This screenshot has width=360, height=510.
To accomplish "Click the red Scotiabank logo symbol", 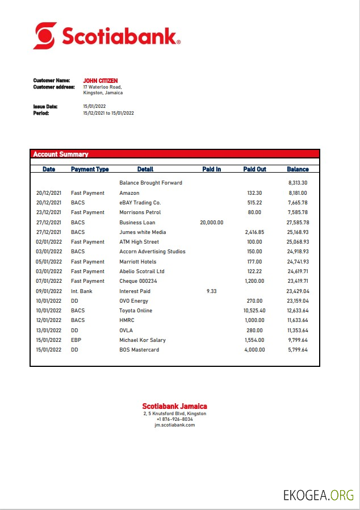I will [45, 36].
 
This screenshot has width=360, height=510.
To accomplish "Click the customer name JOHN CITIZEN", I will [101, 81].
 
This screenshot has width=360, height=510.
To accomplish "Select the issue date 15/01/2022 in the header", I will [94, 106].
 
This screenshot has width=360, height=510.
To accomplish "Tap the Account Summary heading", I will [61, 154].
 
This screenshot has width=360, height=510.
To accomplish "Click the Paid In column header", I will [211, 169].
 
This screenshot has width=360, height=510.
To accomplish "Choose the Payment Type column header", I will [90, 169].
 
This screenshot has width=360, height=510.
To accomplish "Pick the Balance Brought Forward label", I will [150, 183].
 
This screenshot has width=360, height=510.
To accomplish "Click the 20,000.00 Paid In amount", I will [211, 223].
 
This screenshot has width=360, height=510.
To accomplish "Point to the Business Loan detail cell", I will [137, 223].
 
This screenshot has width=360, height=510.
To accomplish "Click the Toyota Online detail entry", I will [136, 311].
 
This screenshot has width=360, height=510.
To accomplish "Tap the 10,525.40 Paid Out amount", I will [254, 311].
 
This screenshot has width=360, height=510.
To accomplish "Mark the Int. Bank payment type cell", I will [81, 291].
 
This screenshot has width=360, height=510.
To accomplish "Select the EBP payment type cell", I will [76, 340].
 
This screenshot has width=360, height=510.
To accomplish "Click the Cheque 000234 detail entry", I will [138, 281].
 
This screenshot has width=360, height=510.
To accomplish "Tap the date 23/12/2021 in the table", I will [49, 212].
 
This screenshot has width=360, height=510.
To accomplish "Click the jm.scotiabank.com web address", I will [174, 425].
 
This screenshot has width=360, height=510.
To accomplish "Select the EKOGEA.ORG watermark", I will [319, 495].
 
